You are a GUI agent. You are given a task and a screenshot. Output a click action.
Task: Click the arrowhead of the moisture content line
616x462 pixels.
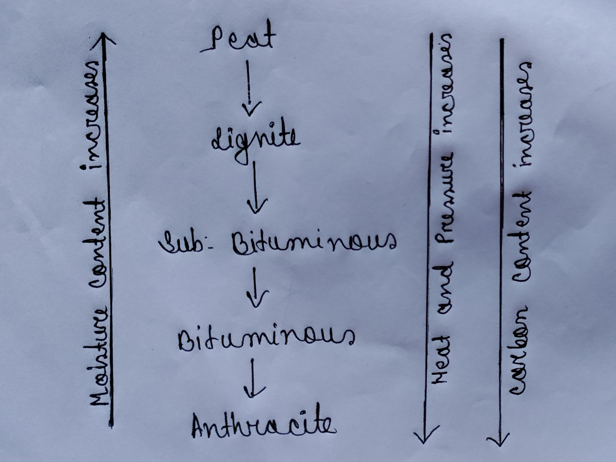click(x=103, y=38)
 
